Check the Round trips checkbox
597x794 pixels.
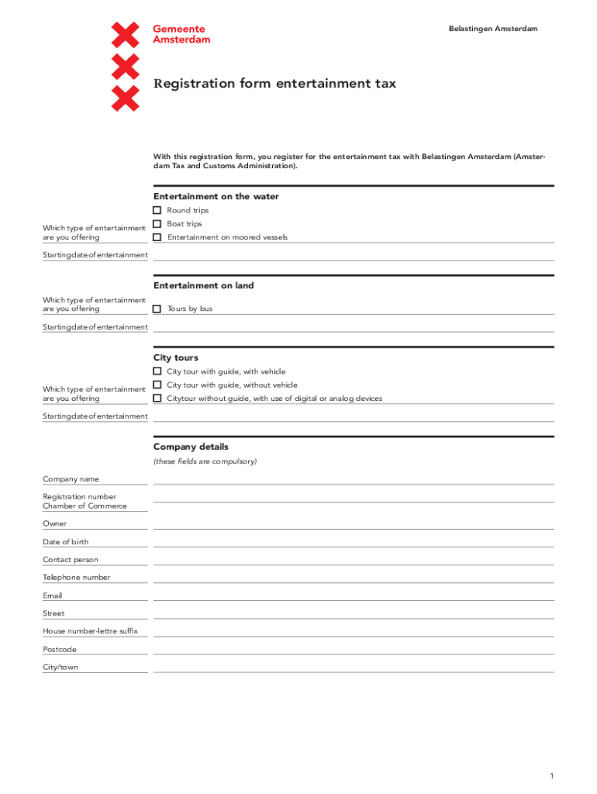pyautogui.click(x=157, y=210)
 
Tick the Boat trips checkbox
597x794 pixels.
pyautogui.click(x=157, y=224)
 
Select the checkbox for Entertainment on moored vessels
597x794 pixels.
pyautogui.click(x=157, y=237)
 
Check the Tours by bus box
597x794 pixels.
pyautogui.click(x=157, y=309)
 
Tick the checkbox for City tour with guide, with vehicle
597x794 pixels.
pyautogui.click(x=157, y=371)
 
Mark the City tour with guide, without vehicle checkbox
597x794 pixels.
pyautogui.click(x=157, y=385)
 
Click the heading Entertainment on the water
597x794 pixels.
pyautogui.click(x=216, y=197)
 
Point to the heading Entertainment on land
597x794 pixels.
pyautogui.click(x=203, y=285)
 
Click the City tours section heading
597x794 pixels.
pyautogui.click(x=176, y=357)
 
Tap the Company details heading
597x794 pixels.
pyautogui.click(x=191, y=447)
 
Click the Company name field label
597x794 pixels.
pyautogui.click(x=71, y=479)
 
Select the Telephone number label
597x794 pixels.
pyautogui.click(x=76, y=577)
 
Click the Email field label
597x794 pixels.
pyautogui.click(x=53, y=595)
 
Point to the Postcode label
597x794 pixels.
pyautogui.click(x=60, y=649)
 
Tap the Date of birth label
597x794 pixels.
pyautogui.click(x=65, y=542)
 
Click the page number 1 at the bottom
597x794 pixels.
pyautogui.click(x=550, y=776)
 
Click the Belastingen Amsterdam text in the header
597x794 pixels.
pyautogui.click(x=492, y=29)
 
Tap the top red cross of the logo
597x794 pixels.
pyautogui.click(x=126, y=35)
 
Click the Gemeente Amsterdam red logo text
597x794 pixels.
pyautogui.click(x=181, y=33)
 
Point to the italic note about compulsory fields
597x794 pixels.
pyautogui.click(x=205, y=461)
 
